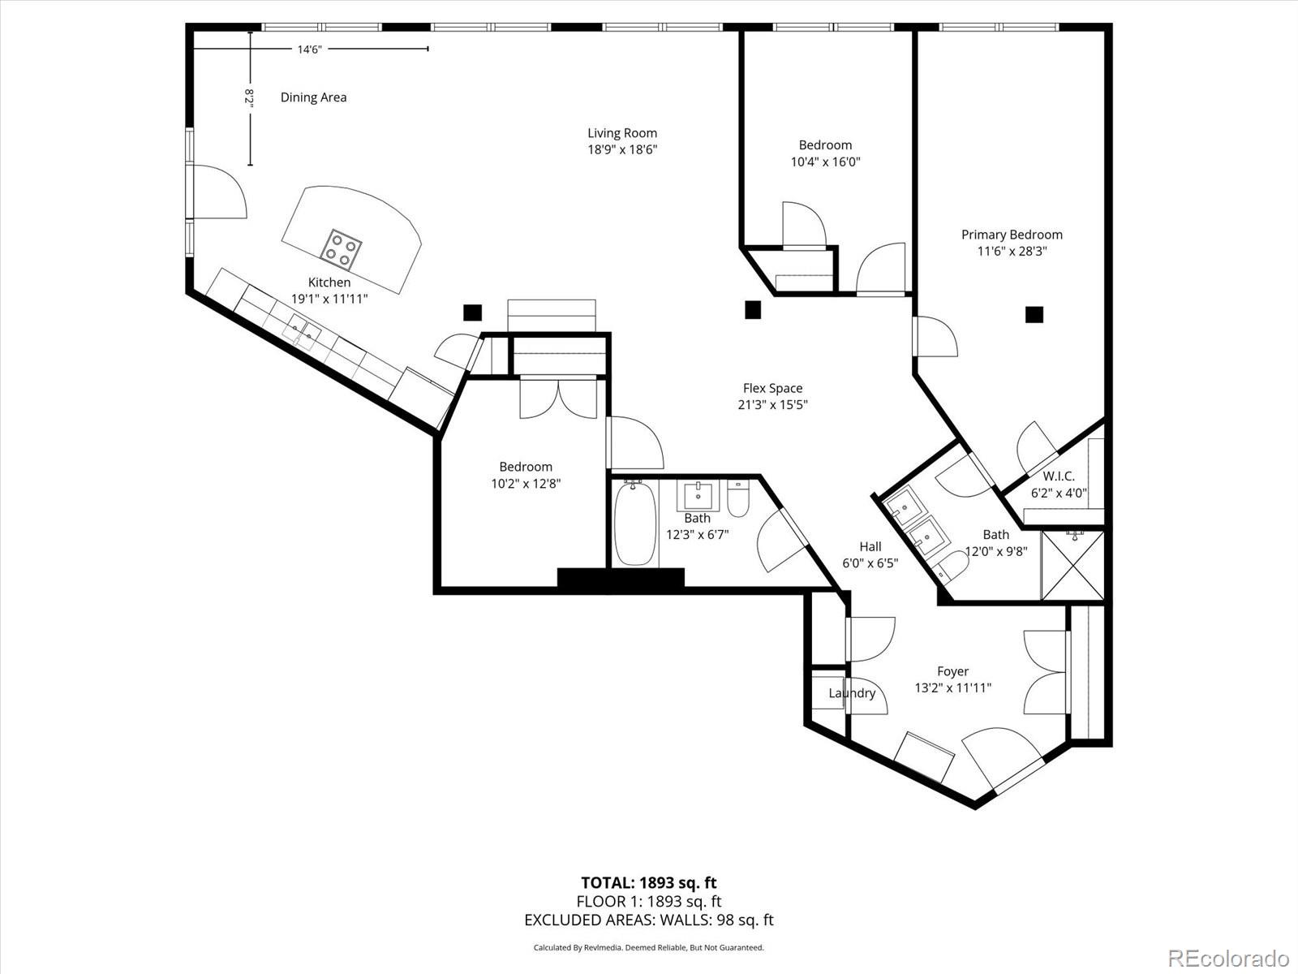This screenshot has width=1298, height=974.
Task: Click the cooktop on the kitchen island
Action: pyautogui.click(x=341, y=249)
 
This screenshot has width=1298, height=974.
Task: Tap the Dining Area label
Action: pyautogui.click(x=313, y=97)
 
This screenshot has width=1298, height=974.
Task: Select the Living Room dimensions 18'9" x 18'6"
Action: pyautogui.click(x=622, y=150)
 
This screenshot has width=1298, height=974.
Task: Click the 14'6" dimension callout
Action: pyautogui.click(x=309, y=50)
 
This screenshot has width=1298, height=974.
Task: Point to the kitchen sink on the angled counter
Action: pyautogui.click(x=303, y=330)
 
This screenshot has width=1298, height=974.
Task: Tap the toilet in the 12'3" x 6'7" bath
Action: pyautogui.click(x=737, y=500)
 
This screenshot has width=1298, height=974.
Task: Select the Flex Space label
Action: pyautogui.click(x=772, y=388)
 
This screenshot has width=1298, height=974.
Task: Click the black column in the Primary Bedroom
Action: pyautogui.click(x=1034, y=314)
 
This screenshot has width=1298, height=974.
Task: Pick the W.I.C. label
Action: pyautogui.click(x=1059, y=476)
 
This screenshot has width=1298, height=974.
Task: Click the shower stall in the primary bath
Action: pyautogui.click(x=1072, y=565)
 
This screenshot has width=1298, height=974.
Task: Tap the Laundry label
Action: pyautogui.click(x=852, y=693)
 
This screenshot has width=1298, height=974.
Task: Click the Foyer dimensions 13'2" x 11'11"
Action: pyautogui.click(x=952, y=688)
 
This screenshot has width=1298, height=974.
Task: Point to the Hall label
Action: pyautogui.click(x=870, y=546)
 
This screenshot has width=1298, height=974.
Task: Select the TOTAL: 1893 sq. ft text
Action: pyautogui.click(x=648, y=882)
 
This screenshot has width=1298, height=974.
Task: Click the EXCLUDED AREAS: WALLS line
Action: pyautogui.click(x=648, y=920)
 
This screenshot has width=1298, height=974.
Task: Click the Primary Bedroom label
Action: pyautogui.click(x=1012, y=235)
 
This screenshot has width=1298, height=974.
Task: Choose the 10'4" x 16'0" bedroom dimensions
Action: pyautogui.click(x=825, y=162)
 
